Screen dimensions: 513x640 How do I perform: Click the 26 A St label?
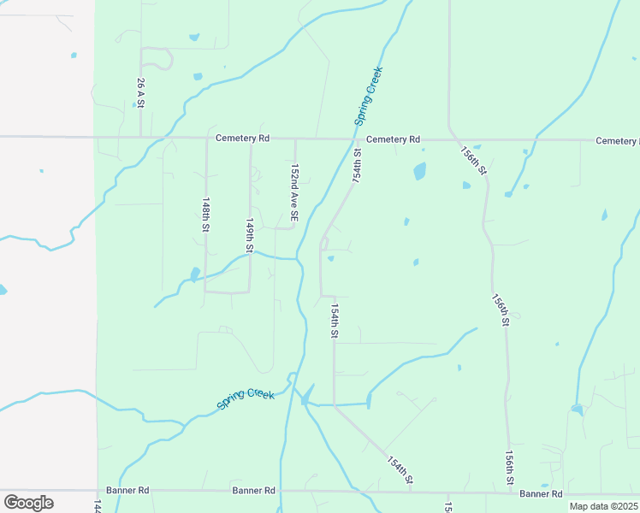pyautogui.click(x=140, y=93)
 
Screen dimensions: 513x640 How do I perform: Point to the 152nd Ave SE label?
pyautogui.click(x=294, y=194)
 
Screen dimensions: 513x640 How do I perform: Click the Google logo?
pyautogui.click(x=28, y=502)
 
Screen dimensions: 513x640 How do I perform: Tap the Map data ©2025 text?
pyautogui.click(x=603, y=506)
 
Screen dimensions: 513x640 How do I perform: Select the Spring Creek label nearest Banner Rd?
pyautogui.click(x=246, y=398)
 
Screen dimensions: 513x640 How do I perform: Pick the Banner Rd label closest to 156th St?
pyautogui.click(x=541, y=494)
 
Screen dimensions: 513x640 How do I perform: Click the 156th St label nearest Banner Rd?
pyautogui.click(x=509, y=468)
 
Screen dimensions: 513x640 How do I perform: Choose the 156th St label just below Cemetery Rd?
pyautogui.click(x=473, y=160)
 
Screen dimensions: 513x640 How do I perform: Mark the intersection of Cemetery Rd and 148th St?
pyautogui.click(x=206, y=138)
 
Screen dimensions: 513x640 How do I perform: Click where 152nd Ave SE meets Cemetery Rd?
pyautogui.click(x=295, y=138)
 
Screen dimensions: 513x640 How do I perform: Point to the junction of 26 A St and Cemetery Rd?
pyautogui.click(x=141, y=137)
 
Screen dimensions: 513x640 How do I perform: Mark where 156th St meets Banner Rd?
pyautogui.click(x=511, y=492)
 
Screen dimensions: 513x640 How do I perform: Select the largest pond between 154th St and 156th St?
pyautogui.click(x=420, y=171)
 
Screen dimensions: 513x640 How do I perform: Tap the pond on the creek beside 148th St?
pyautogui.click(x=195, y=274)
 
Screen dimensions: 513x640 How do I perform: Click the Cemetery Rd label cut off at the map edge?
pyautogui.click(x=618, y=140)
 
